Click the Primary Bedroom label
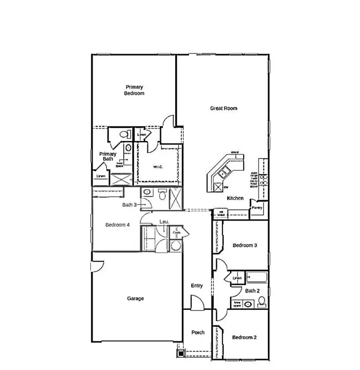tap(134, 90)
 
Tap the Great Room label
tap(223, 108)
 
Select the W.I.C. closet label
tap(158, 167)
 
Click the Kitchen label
tap(235, 198)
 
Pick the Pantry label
tap(257, 208)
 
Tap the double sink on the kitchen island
tap(225, 172)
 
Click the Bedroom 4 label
tap(117, 225)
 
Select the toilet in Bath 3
tap(162, 194)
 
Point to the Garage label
tap(135, 298)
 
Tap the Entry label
tap(197, 286)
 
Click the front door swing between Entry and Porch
tap(197, 303)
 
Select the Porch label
tap(198, 332)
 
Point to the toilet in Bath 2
tap(262, 302)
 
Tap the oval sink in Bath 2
tap(248, 304)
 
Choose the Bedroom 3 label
tap(245, 245)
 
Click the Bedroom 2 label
tap(244, 337)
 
